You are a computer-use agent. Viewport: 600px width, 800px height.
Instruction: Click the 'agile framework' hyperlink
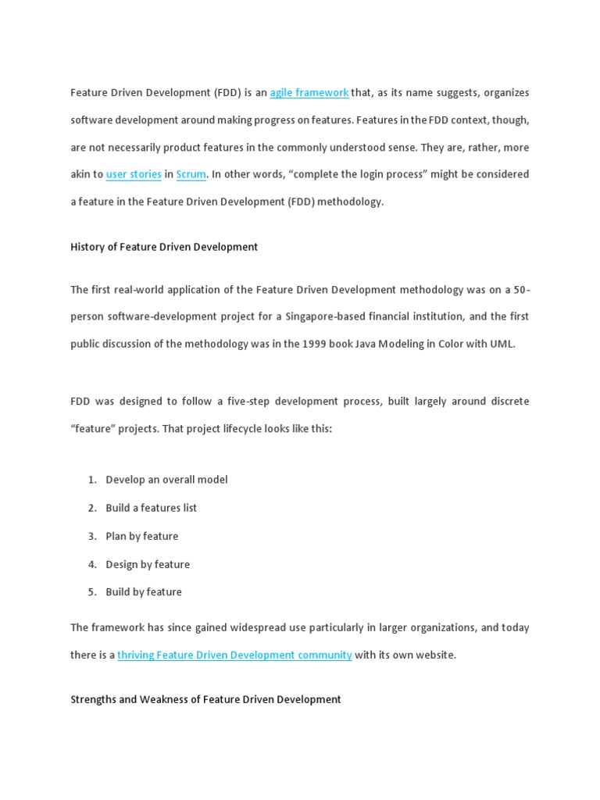tap(309, 93)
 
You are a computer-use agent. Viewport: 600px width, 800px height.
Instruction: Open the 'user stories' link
tap(134, 174)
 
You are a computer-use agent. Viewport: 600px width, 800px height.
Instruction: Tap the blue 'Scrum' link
tap(191, 174)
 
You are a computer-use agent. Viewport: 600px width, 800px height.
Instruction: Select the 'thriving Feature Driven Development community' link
tap(234, 655)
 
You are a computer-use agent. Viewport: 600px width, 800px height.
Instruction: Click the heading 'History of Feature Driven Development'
tap(164, 247)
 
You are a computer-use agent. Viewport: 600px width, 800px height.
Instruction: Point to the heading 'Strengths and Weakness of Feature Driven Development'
tap(205, 700)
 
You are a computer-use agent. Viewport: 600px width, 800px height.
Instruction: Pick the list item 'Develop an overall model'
tap(166, 480)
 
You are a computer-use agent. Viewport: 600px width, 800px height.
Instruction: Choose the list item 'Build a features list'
tap(152, 508)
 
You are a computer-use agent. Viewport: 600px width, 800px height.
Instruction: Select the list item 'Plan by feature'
tap(142, 536)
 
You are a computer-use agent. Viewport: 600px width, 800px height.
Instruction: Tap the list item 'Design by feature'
tap(148, 564)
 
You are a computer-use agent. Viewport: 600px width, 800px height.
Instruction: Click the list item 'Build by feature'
tap(144, 592)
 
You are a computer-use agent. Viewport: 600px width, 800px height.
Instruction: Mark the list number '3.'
tap(92, 536)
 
